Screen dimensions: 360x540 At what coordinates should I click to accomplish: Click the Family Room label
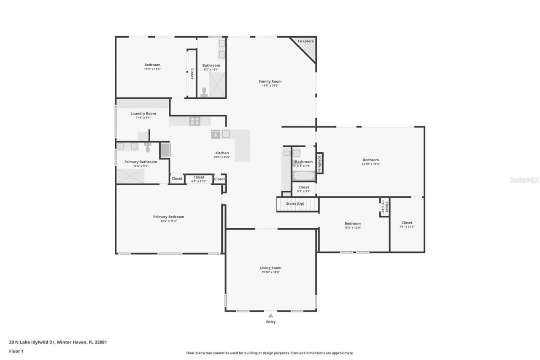click(x=270, y=81)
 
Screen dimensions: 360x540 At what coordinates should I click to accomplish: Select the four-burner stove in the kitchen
click(x=194, y=121)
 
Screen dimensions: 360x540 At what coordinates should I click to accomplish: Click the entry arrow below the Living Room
click(x=270, y=316)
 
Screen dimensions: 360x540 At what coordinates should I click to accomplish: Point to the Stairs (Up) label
click(x=295, y=204)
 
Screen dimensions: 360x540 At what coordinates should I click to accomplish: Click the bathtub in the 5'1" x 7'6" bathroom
click(x=303, y=176)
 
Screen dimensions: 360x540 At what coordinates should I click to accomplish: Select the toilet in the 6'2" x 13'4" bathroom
click(x=204, y=92)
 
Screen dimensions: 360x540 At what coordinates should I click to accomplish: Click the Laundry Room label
click(x=143, y=114)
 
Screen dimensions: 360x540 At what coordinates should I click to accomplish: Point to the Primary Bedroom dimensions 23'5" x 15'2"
click(x=168, y=221)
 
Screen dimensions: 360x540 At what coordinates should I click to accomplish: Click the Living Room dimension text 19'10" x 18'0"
click(x=270, y=272)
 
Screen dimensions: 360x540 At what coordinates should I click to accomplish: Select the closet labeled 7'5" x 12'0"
click(x=407, y=225)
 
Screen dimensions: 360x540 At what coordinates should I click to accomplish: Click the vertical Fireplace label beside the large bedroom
click(x=319, y=163)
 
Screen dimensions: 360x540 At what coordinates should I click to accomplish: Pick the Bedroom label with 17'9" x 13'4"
click(x=152, y=65)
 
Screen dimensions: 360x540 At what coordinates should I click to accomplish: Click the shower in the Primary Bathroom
click(x=130, y=176)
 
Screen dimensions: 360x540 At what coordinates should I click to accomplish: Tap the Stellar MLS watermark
click(x=524, y=180)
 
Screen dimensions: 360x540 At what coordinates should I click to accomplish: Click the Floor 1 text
click(x=16, y=351)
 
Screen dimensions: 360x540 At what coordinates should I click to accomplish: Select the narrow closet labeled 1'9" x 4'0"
click(x=384, y=207)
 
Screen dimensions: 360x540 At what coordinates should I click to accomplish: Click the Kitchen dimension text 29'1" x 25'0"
click(x=222, y=157)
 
